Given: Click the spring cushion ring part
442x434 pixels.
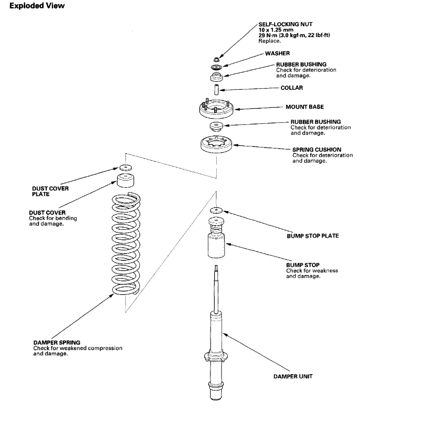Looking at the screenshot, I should tap(216, 144).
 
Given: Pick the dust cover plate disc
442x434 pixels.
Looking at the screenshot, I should tap(125, 168).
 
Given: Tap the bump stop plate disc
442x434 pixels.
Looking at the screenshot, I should tap(216, 210).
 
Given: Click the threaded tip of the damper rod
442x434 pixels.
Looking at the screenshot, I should tap(216, 270).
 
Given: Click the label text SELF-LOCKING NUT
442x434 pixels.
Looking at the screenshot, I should tap(285, 25).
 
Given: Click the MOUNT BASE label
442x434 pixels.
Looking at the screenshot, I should tap(304, 107).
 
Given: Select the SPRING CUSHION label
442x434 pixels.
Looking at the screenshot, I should tap(317, 150).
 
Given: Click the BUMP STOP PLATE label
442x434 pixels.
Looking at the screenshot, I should tap(312, 236).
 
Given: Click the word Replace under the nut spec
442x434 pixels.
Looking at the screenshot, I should tap(270, 40).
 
